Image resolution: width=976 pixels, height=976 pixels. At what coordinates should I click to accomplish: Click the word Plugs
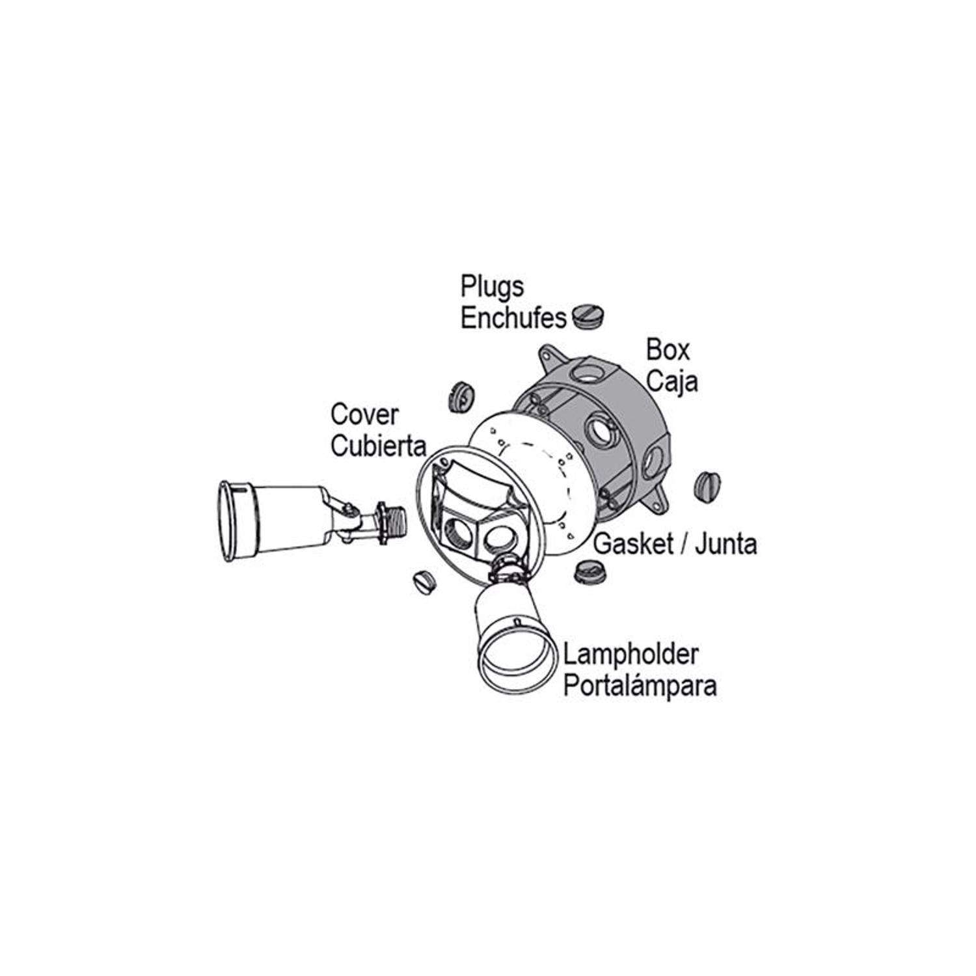click(x=493, y=287)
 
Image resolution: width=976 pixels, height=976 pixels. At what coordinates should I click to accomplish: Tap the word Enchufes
click(x=514, y=318)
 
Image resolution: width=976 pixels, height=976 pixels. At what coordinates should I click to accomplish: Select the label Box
click(x=668, y=350)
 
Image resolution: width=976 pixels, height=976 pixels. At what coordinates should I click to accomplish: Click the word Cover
click(x=364, y=414)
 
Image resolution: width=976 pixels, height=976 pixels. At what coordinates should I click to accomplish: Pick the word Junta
click(x=726, y=543)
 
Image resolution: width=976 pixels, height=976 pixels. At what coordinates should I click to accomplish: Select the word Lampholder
click(x=630, y=654)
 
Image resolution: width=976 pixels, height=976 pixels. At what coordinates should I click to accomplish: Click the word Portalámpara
click(x=640, y=686)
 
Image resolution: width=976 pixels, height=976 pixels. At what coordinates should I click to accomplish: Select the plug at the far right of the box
click(x=708, y=485)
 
